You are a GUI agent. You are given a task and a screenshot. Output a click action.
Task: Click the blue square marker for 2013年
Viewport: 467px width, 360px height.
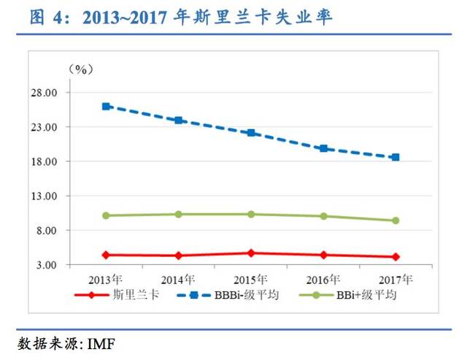106,107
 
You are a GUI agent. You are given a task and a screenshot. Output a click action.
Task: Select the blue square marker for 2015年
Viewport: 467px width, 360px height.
251,133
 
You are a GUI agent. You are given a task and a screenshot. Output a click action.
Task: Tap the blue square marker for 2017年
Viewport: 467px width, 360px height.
395,157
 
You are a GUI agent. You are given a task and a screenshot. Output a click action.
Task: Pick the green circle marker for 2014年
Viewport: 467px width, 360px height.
178,214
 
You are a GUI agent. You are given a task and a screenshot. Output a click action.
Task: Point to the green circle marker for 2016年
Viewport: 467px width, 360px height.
323,216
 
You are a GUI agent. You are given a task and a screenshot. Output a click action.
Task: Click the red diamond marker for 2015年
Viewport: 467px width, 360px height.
251,253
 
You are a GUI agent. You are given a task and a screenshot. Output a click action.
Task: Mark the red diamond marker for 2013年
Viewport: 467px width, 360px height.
106,255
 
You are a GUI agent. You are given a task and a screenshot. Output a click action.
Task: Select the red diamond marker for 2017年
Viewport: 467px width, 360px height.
395,257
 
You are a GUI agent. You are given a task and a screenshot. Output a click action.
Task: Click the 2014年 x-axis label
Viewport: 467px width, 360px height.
178,279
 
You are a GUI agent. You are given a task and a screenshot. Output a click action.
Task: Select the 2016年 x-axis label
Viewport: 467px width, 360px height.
323,279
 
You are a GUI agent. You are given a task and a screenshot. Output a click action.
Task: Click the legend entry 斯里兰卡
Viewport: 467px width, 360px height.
132,295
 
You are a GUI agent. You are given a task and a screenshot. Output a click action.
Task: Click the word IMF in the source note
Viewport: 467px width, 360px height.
101,343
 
